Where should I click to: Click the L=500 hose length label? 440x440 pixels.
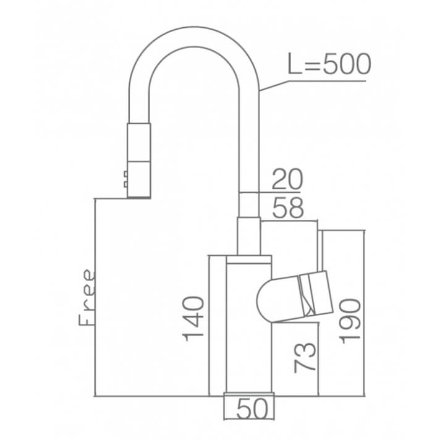[x=329, y=64]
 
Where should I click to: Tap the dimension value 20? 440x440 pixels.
[x=287, y=179]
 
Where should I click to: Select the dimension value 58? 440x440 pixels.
[x=288, y=208]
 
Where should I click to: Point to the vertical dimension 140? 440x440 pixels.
[x=193, y=318]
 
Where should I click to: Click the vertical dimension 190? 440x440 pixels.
[x=350, y=321]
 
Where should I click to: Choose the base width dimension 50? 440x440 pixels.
[x=252, y=409]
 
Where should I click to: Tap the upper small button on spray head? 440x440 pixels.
[x=125, y=174]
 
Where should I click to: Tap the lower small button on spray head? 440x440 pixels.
[x=125, y=184]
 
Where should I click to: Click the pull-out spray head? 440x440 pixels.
[x=139, y=161]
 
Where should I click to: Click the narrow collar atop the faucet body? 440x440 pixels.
[x=249, y=260]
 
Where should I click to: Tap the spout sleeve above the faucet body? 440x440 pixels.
[x=249, y=236]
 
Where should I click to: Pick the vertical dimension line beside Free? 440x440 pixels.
[x=95, y=297]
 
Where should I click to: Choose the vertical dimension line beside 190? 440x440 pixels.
[x=364, y=313]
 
